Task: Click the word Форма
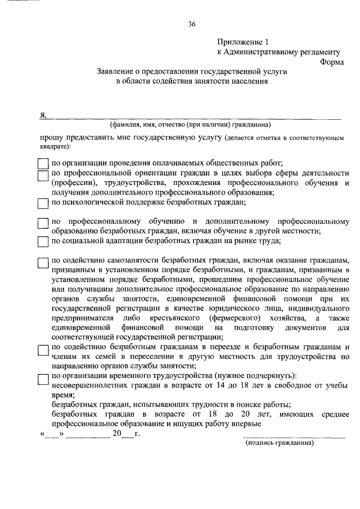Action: coord(332,62)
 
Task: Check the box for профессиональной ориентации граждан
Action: coord(43,176)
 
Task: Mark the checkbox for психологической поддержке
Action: coord(43,203)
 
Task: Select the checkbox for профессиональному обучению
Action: coord(43,223)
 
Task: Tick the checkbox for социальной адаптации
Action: coord(43,241)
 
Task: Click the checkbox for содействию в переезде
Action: coord(43,349)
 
